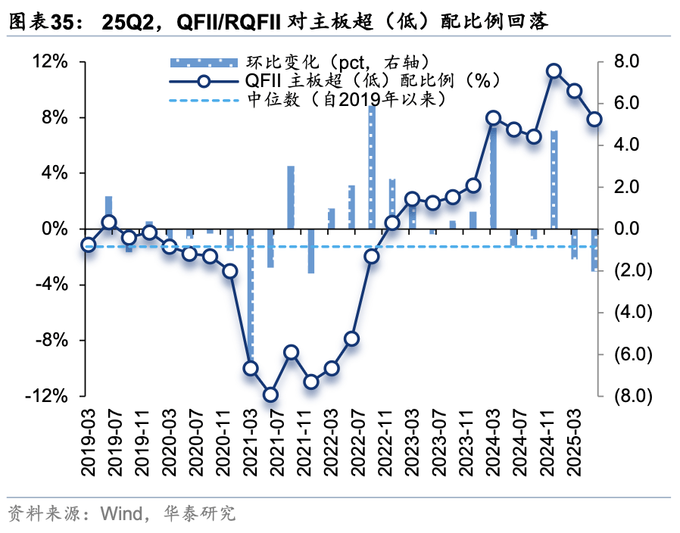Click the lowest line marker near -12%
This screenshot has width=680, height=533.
pos(271,394)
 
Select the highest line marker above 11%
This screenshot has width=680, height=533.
pos(554,71)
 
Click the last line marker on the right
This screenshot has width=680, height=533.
pos(594,120)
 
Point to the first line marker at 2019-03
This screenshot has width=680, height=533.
pos(89,245)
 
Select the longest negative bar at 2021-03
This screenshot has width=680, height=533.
pos(251,303)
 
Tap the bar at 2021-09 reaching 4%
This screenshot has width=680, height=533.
pos(291,197)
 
